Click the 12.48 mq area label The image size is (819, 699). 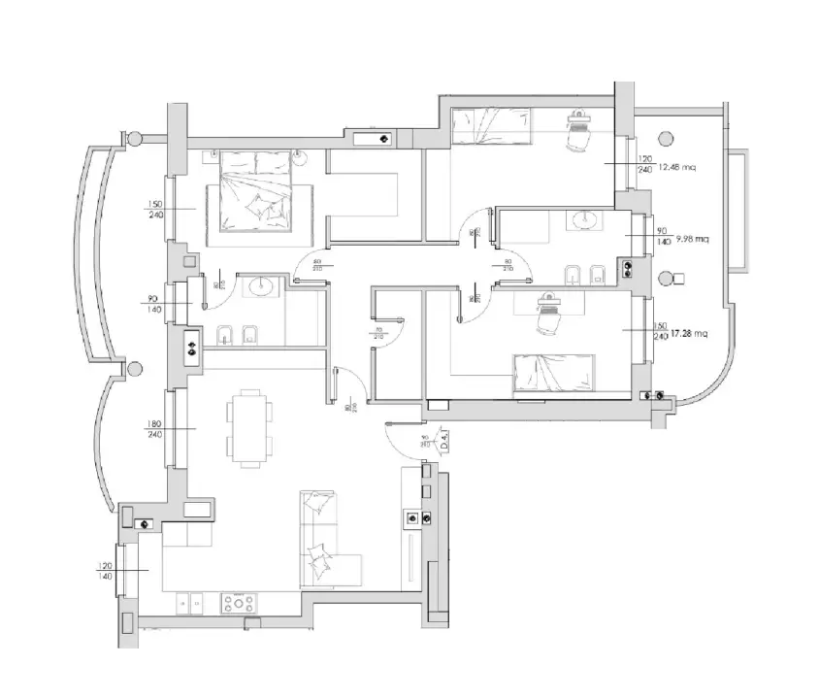[x=676, y=167]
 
